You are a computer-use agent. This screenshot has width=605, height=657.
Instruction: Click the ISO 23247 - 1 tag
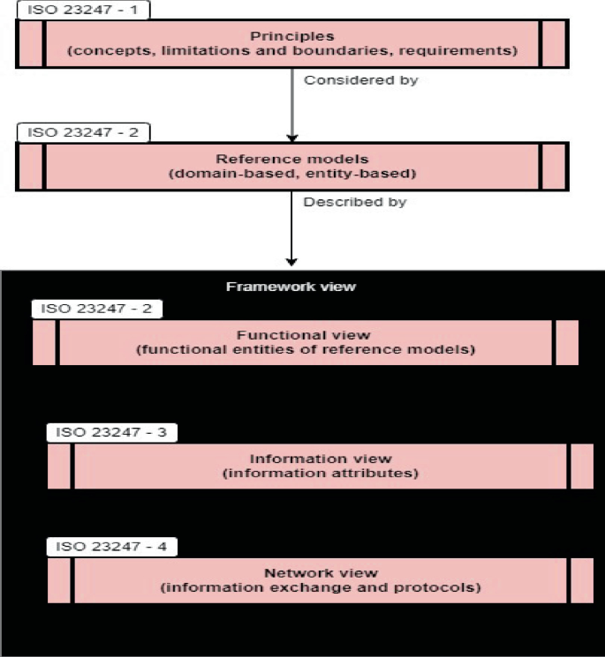[x=82, y=11]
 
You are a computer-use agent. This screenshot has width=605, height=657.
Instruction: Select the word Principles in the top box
[x=291, y=37]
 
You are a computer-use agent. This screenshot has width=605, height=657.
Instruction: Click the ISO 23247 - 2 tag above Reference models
[x=82, y=132]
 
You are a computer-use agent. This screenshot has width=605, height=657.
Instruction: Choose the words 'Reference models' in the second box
[x=291, y=159]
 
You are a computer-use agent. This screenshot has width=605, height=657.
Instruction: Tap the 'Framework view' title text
[x=291, y=287]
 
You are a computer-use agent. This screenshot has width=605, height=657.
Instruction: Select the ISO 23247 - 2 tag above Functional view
[x=97, y=309]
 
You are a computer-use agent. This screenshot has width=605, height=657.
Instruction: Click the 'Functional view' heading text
[x=305, y=335]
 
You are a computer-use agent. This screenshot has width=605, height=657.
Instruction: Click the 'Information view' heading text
[x=320, y=459]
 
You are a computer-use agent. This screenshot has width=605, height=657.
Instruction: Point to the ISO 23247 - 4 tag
[x=111, y=547]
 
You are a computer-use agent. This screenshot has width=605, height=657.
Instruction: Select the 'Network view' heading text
[x=320, y=572]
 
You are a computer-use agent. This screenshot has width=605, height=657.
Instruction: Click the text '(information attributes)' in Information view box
[x=320, y=474]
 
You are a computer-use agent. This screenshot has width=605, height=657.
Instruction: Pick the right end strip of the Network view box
[x=581, y=580]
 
